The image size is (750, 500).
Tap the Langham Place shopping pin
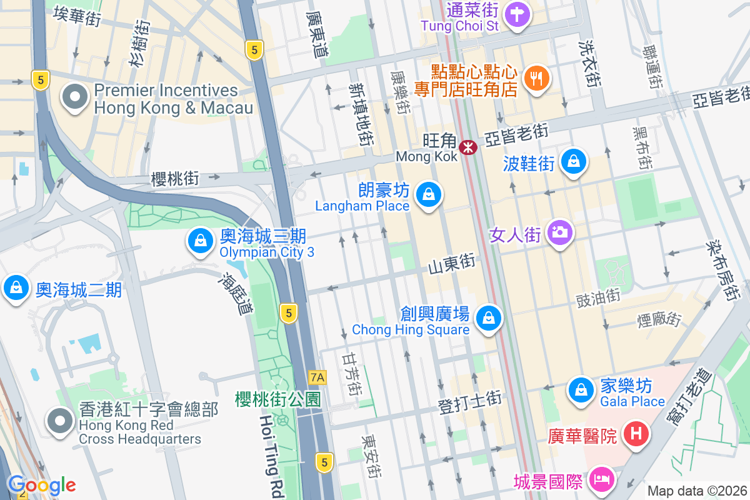tap(429, 194)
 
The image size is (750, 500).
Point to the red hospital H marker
tap(636, 433)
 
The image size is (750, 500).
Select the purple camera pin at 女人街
tap(559, 232)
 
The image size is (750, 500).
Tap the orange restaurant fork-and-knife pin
tap(536, 78)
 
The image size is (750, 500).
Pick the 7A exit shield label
tap(317, 377)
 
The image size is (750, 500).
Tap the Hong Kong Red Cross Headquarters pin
tap(60, 421)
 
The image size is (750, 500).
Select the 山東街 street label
tap(452, 265)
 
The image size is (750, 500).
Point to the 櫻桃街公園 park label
tap(278, 399)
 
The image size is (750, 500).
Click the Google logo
tap(41, 485)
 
